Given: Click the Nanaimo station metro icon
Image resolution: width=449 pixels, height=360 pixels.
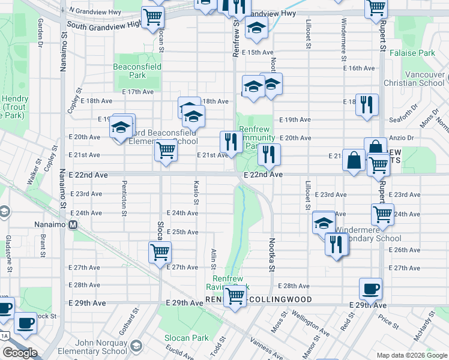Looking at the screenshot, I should (73, 226).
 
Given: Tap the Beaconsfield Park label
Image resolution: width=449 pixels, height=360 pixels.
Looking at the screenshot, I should (137, 71).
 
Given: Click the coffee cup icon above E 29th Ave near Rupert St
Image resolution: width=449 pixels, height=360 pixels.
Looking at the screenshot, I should (371, 289).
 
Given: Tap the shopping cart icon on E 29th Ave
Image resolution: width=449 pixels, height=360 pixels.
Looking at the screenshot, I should (235, 296).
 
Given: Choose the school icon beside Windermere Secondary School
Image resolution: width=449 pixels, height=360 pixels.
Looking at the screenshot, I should (324, 223).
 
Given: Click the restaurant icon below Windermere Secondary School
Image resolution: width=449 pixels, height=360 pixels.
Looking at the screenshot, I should (336, 244).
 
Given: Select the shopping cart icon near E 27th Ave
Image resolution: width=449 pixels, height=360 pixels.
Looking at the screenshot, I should (160, 252).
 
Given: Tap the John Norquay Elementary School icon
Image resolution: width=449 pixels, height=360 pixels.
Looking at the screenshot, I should (136, 346).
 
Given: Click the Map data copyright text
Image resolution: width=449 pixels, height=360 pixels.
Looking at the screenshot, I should (411, 355).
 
